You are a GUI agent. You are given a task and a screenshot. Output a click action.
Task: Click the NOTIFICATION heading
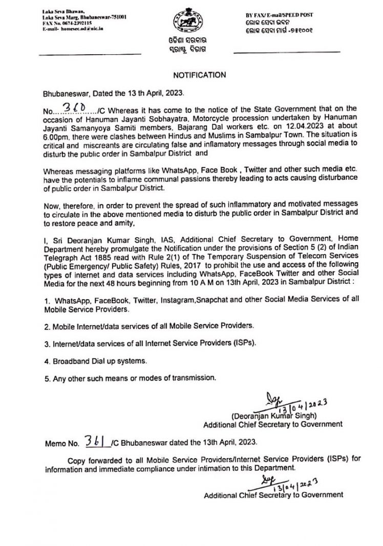point(199,75)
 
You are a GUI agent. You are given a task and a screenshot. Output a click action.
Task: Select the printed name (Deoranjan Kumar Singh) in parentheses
point(274,416)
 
